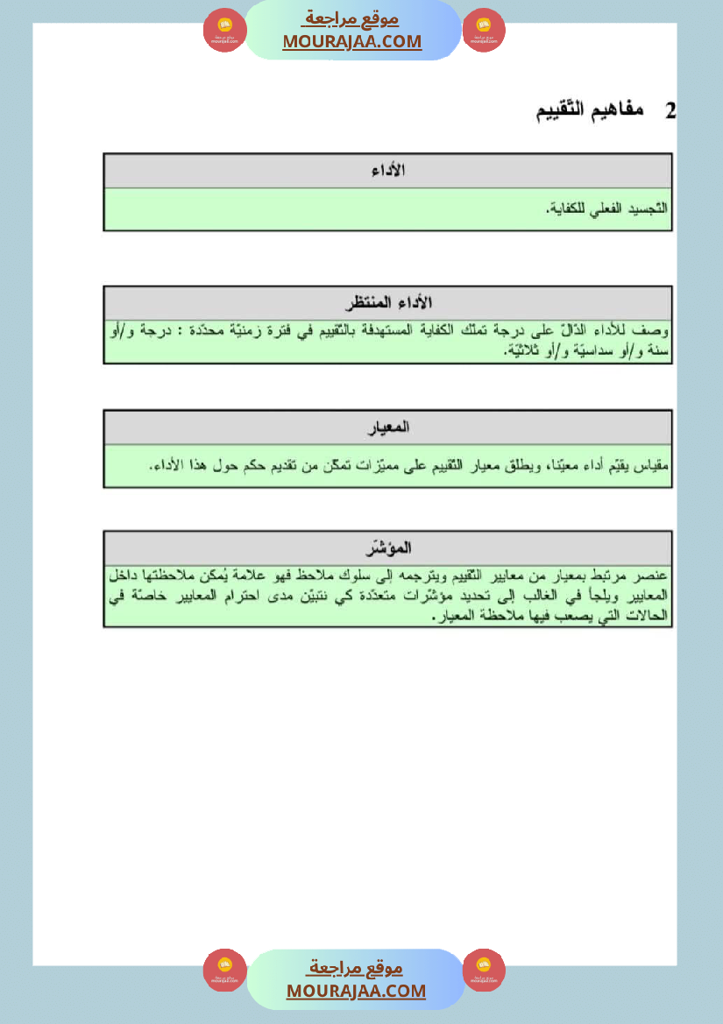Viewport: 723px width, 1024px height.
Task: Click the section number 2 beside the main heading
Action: [x=670, y=112]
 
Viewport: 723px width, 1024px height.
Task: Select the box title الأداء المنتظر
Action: [x=387, y=303]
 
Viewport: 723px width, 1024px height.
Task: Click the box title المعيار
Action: [x=389, y=427]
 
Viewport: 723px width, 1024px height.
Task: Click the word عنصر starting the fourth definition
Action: [x=651, y=576]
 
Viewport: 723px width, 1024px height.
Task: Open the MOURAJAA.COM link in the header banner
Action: [x=352, y=41]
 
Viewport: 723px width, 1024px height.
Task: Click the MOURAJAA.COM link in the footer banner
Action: [x=356, y=991]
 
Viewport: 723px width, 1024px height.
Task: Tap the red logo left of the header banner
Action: [x=224, y=31]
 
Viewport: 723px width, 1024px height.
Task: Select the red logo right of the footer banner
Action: [x=484, y=971]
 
